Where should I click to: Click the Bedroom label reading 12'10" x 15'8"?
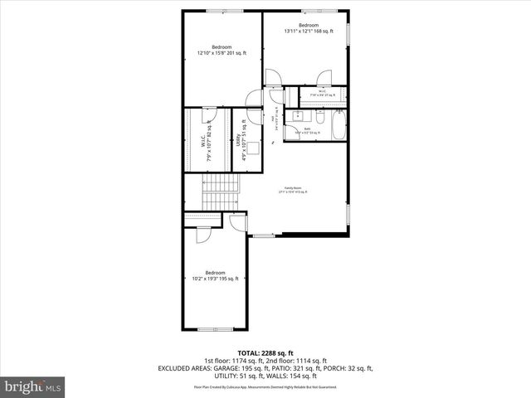(222, 50)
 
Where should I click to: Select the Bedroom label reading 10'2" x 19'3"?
(216, 276)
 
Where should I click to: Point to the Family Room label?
(295, 190)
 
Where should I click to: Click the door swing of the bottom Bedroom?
(202, 236)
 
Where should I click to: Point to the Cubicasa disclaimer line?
(265, 386)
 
